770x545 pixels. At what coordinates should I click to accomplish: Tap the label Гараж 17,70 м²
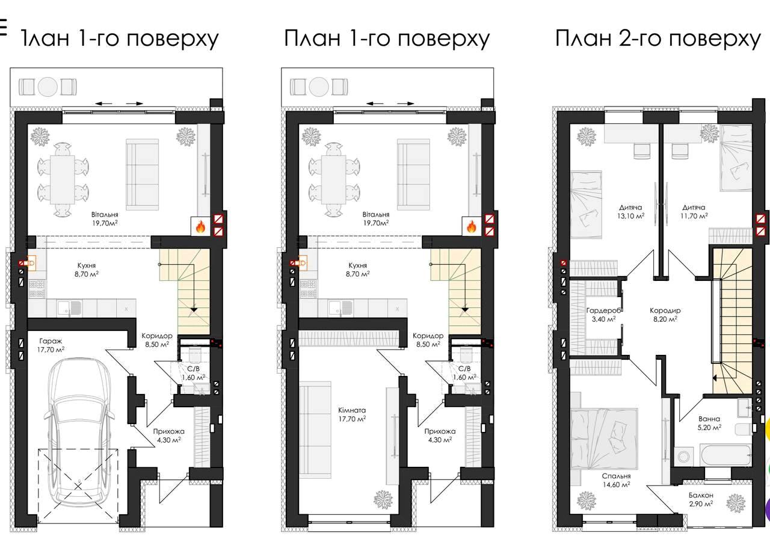pos(51,345)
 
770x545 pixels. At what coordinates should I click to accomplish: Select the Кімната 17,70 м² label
pos(352,414)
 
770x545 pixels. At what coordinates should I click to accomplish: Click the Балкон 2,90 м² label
pos(701,500)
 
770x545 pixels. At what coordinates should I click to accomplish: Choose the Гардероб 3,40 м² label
pos(603,315)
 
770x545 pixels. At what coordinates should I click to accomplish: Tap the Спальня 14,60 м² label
pos(617,481)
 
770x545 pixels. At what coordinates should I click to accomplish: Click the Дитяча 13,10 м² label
pos(630,212)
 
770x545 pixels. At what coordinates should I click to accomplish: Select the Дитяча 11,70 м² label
pos(694,212)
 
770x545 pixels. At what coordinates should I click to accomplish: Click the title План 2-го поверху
pos(658,38)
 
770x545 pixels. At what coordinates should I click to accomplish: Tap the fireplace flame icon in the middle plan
pos(471,226)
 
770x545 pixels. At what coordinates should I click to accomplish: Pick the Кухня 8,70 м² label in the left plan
pos(86,269)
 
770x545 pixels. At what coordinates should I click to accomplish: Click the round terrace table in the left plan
pos(48,87)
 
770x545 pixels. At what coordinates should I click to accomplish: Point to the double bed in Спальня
pos(605,439)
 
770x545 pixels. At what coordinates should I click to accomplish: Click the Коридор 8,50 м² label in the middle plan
pos(428,340)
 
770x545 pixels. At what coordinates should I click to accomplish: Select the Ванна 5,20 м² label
pos(709,423)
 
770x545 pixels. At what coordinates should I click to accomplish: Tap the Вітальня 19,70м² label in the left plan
pos(105,219)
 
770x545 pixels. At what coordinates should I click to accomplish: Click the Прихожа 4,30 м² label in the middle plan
pos(440,436)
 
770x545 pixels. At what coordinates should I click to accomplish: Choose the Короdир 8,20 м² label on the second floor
pos(665,315)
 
